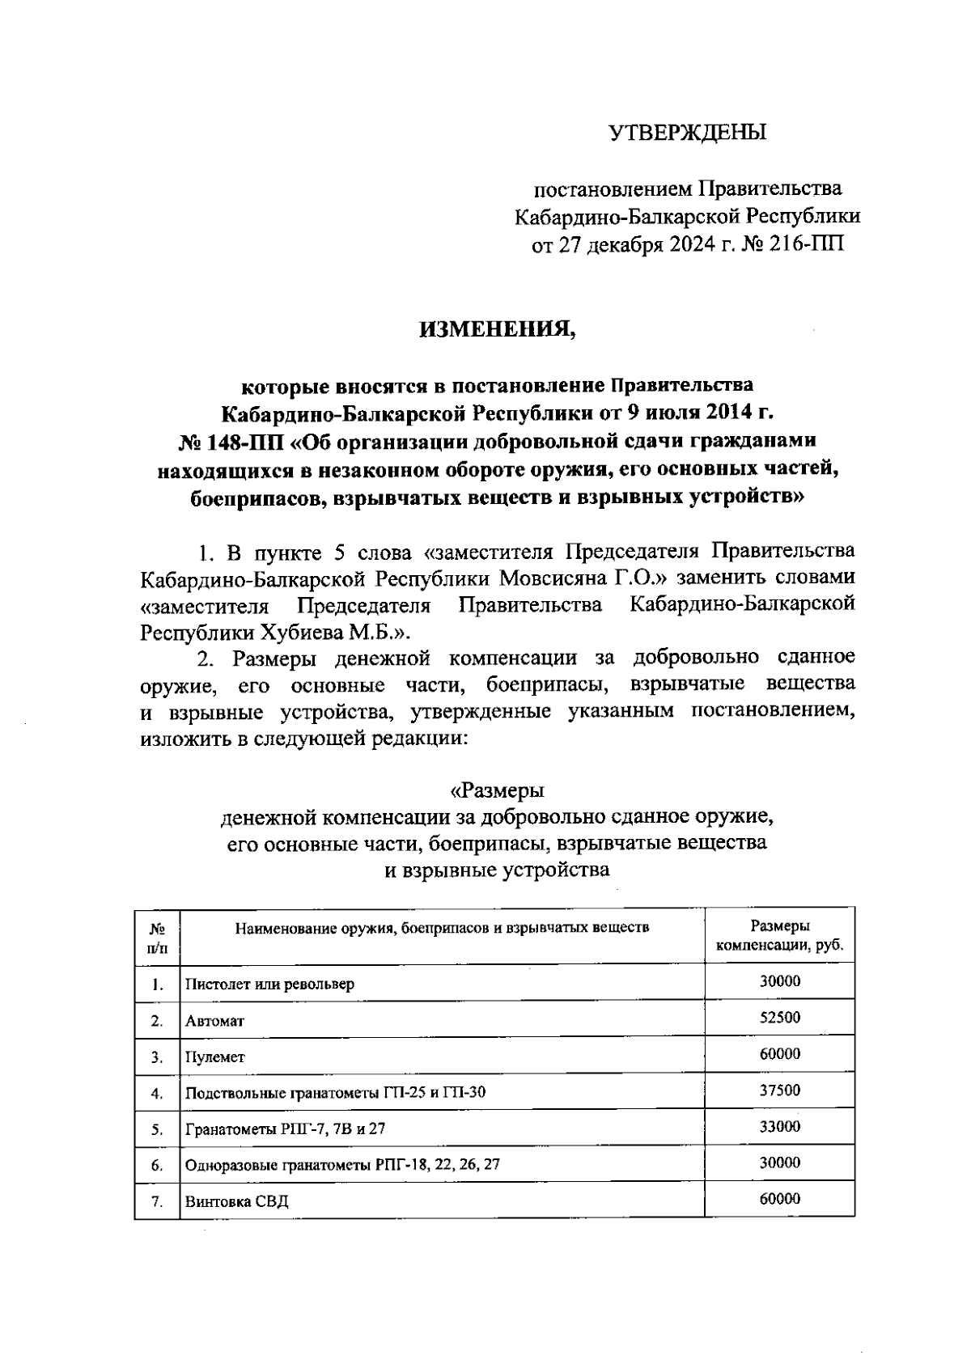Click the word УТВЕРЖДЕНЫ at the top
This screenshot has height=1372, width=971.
coord(687,132)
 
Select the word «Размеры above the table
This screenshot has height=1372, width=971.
coord(497,789)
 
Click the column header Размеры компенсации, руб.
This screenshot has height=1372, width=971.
coord(780,935)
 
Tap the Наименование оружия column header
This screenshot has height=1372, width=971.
coord(442,927)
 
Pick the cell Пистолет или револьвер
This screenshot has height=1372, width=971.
coord(269,985)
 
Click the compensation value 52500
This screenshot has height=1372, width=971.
coord(780,1017)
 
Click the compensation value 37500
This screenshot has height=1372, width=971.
coord(780,1090)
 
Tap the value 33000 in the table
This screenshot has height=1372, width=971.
coord(780,1126)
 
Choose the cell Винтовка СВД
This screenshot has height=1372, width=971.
coord(236,1201)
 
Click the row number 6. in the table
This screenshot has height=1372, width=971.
coord(158,1166)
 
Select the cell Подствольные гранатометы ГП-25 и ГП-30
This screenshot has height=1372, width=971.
coord(335,1094)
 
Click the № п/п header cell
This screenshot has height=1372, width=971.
coord(158,937)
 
